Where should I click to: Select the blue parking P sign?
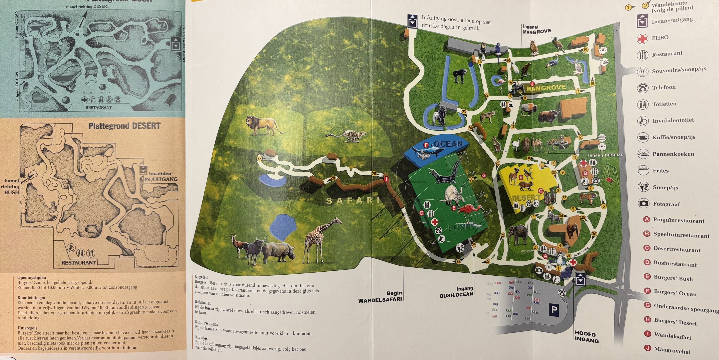(x=554, y=310)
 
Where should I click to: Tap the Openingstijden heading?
(x=31, y=278)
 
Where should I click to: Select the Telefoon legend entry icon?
(x=643, y=88)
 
